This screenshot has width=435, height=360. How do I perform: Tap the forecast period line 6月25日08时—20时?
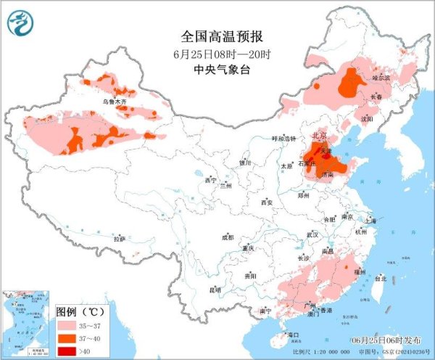(217, 54)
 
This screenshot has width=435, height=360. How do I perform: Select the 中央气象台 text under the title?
(217, 70)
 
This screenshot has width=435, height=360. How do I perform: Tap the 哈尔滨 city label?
(381, 77)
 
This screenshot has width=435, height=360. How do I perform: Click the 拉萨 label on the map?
(120, 238)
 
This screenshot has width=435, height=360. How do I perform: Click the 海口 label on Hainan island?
(293, 335)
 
